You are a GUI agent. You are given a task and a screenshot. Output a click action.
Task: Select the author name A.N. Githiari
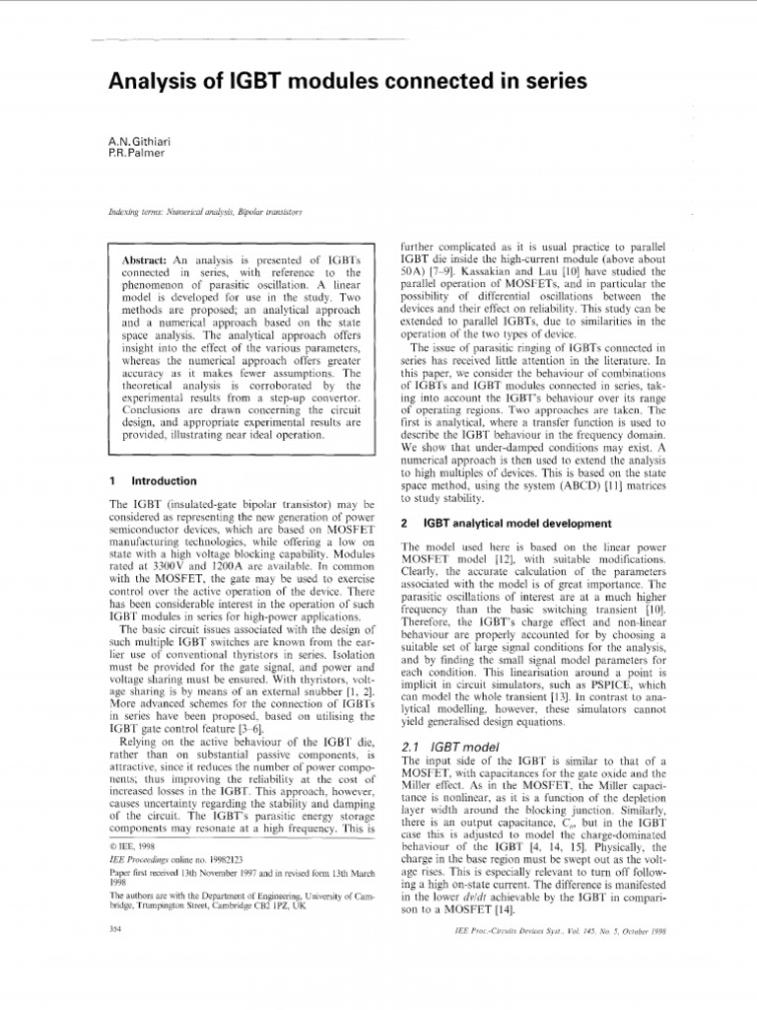142,143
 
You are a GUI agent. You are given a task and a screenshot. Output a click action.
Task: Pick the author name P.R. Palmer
136,156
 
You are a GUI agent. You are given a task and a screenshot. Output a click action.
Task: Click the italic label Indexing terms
138,212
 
